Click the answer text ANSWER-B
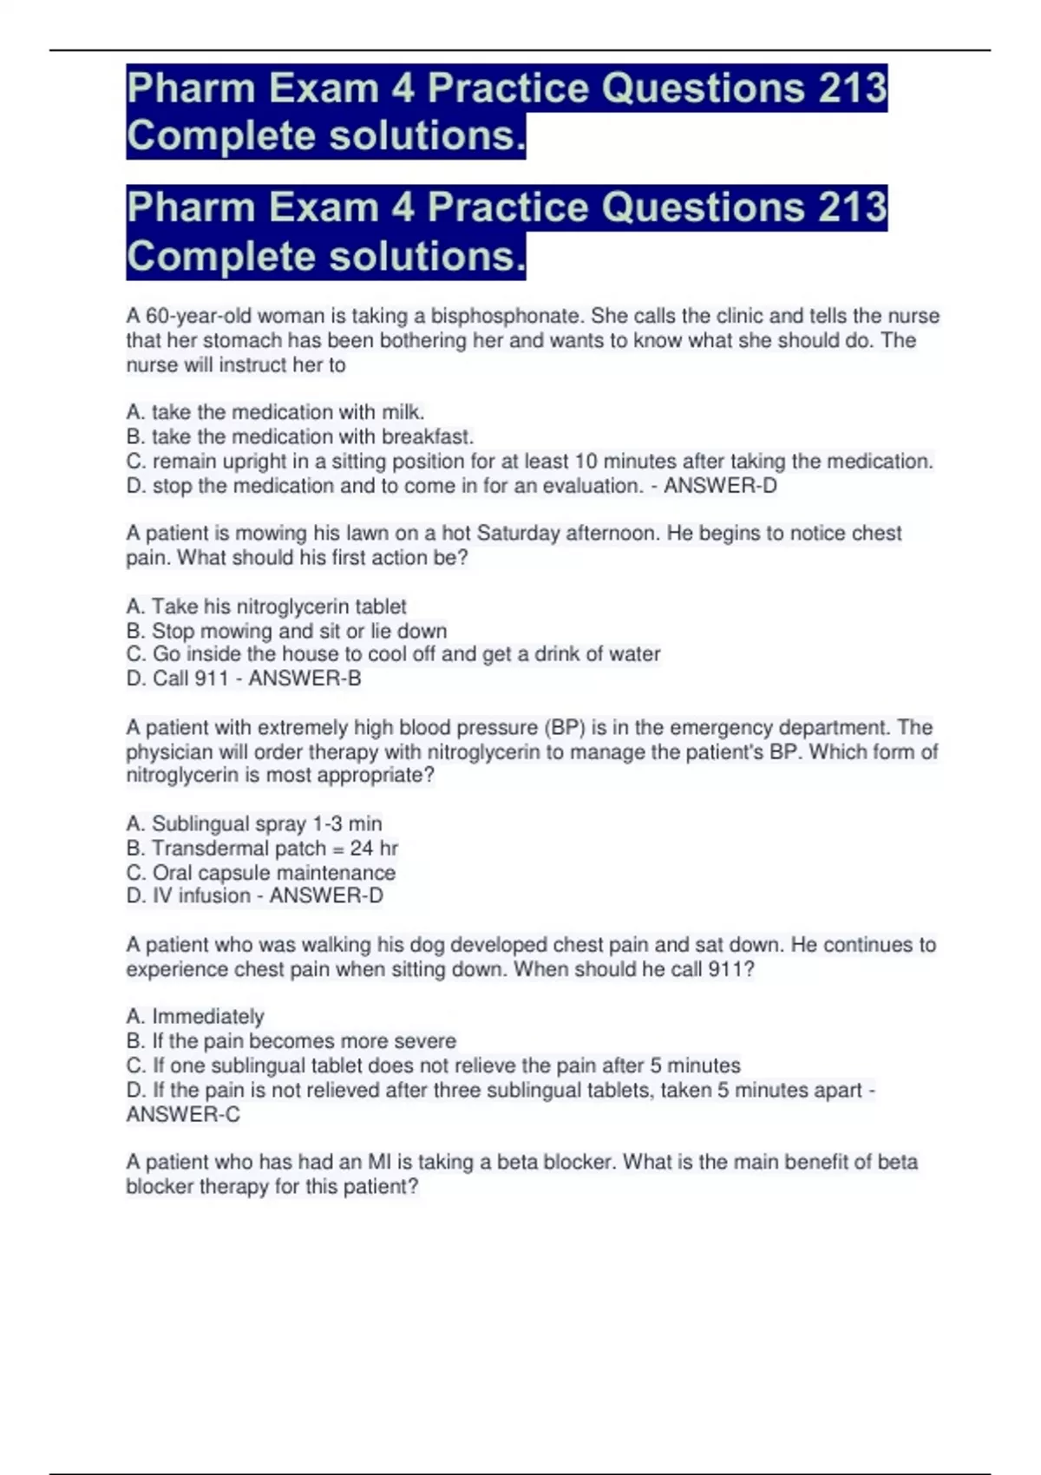[304, 678]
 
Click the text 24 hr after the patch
[374, 848]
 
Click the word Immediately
[208, 1016]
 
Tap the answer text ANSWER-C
[183, 1114]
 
